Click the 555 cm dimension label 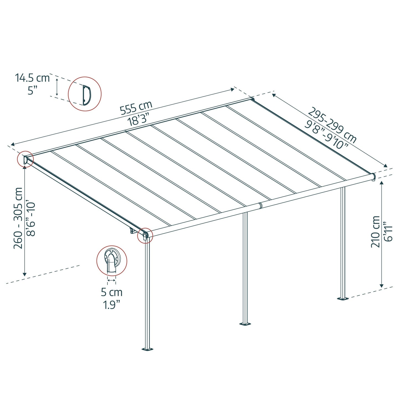136,108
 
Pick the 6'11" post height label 388,232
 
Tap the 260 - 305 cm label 18,218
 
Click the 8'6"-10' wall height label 31,219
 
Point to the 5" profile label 33,90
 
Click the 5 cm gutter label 112,292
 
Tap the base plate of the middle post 245,323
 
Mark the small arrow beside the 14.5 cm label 57,87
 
